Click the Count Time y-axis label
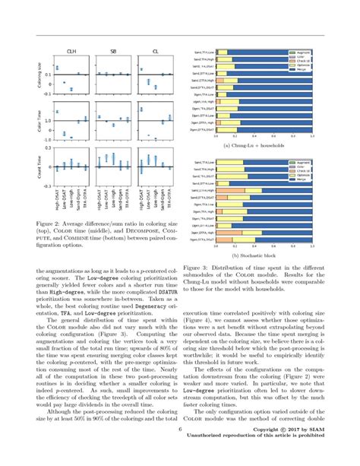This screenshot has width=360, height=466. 40,165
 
